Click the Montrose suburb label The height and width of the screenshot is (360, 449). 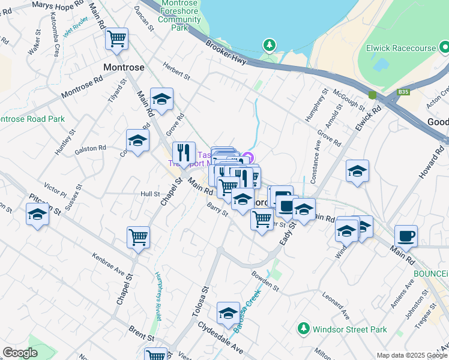[x=124, y=67]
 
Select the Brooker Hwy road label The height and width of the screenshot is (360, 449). [x=226, y=53]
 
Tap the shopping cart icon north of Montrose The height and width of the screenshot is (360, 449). [x=117, y=39]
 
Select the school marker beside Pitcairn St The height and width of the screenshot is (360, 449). [x=37, y=214]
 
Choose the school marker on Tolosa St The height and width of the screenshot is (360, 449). [x=228, y=313]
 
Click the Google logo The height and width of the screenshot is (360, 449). [x=20, y=353]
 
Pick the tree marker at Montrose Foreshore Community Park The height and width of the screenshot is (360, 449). [x=270, y=46]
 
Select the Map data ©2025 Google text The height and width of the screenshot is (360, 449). [x=411, y=355]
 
